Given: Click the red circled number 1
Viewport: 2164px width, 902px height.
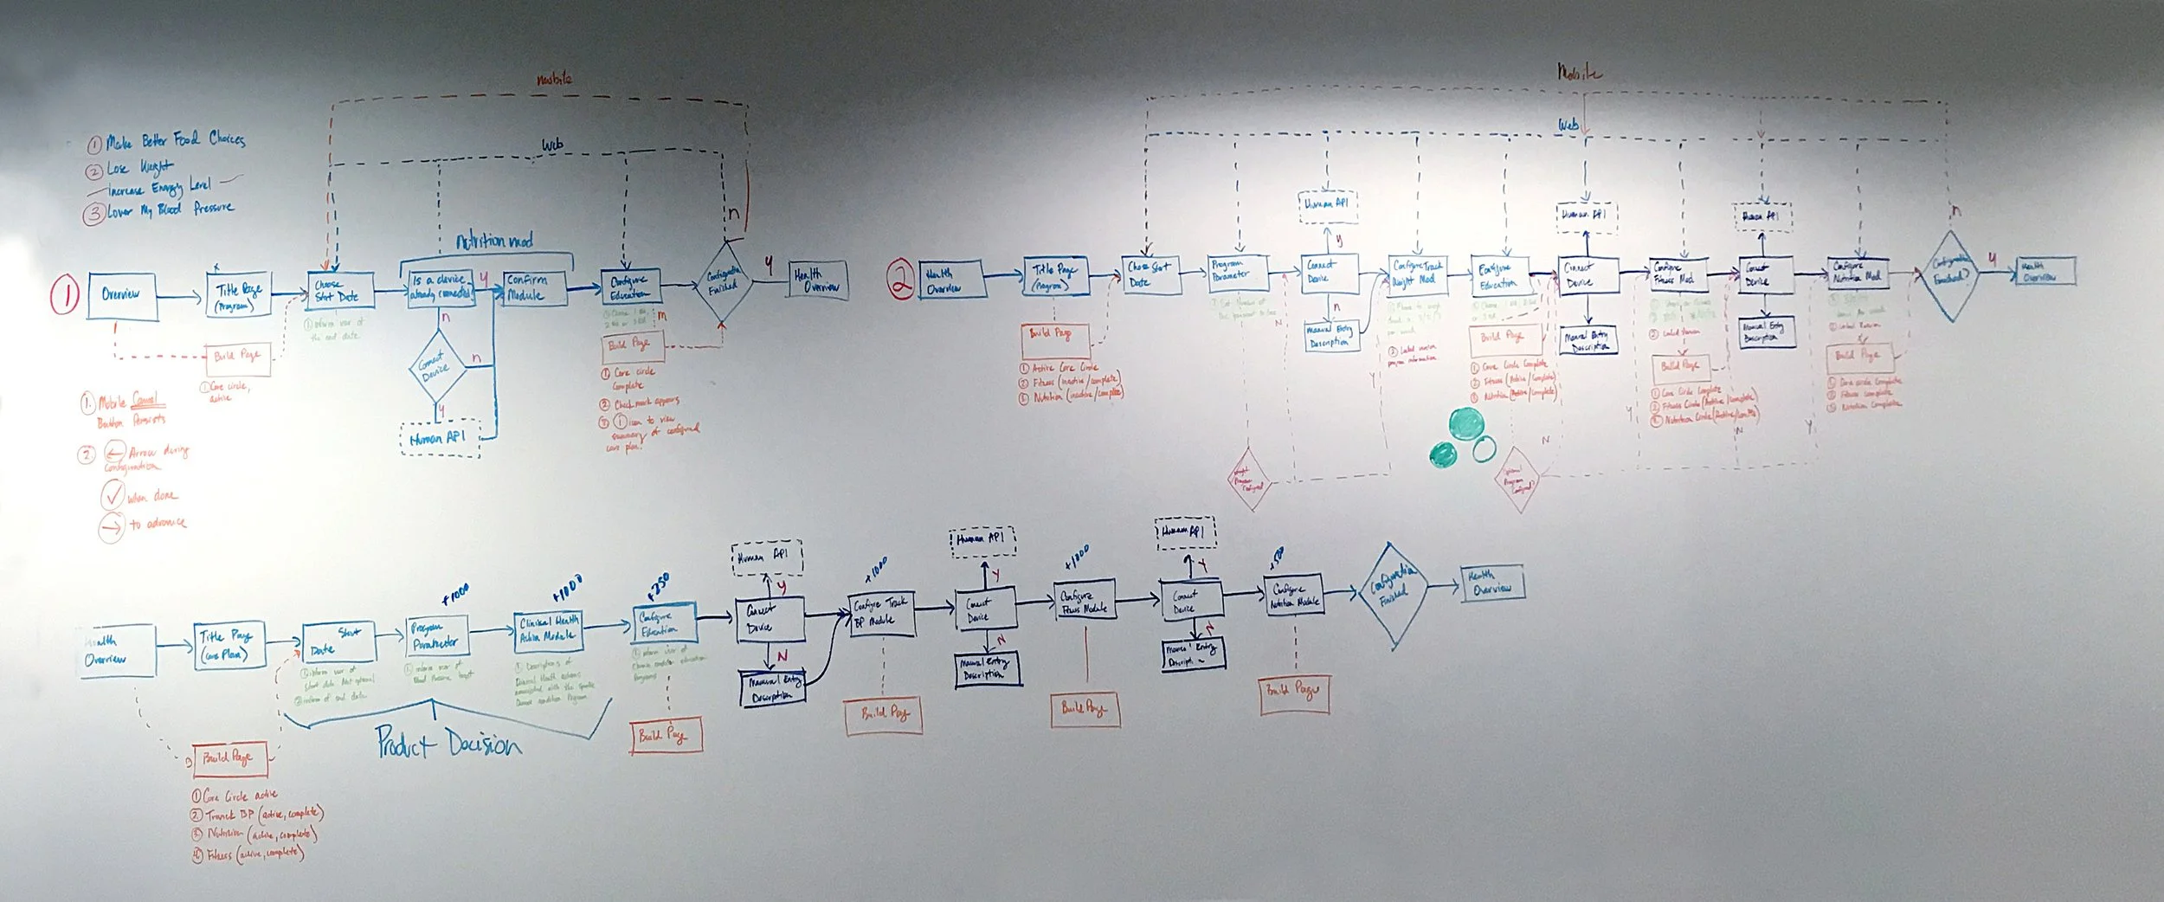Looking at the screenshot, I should (65, 295).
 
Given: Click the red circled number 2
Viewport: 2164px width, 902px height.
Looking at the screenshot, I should (900, 280).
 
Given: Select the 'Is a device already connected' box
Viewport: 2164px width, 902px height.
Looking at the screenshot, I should (440, 287).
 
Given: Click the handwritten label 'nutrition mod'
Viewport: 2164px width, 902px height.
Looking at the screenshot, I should (494, 241).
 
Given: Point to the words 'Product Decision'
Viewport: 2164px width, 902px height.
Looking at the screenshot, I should (448, 743).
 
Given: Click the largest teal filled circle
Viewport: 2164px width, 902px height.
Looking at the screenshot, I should (1466, 424).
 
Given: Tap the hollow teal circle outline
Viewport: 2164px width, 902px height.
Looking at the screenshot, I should (1484, 448).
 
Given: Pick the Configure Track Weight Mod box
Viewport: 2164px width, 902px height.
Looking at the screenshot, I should (1418, 274).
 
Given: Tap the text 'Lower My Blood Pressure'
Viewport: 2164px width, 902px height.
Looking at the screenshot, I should (170, 210).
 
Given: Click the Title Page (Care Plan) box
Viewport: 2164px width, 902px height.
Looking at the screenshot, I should (228, 645).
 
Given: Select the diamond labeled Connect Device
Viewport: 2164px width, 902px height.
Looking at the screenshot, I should (437, 367).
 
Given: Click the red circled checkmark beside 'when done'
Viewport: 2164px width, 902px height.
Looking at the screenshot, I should (113, 496).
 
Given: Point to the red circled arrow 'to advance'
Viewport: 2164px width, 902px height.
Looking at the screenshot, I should (112, 525).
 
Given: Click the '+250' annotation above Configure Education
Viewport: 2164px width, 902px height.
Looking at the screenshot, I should (658, 585).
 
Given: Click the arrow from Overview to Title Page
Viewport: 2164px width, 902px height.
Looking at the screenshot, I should (180, 297).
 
